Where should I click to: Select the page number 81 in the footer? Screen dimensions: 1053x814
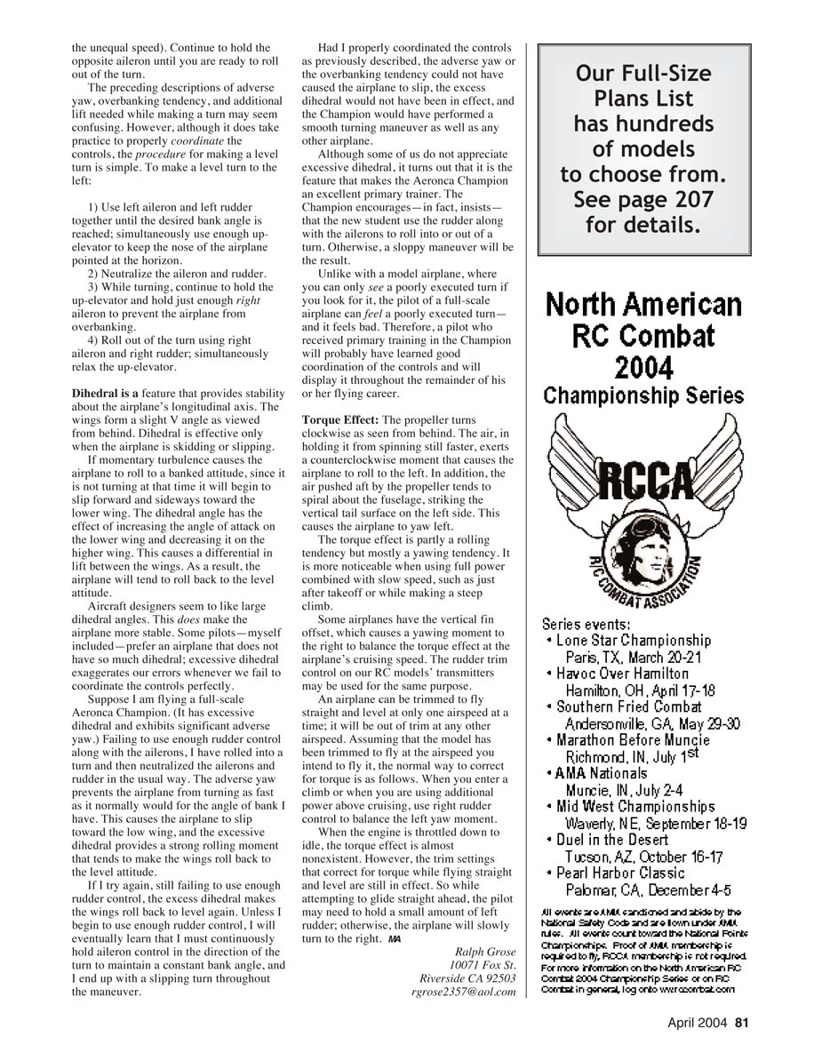click(742, 1023)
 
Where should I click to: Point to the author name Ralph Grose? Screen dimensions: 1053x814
click(485, 952)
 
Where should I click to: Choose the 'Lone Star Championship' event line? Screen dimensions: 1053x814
click(633, 641)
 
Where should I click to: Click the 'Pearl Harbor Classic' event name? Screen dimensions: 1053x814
click(620, 873)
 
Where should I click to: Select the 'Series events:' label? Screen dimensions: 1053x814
click(586, 624)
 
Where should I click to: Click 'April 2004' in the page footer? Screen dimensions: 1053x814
click(698, 1023)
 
